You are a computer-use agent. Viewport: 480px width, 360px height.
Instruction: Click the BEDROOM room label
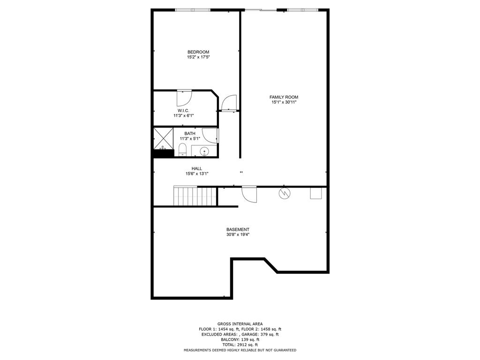(x=198, y=52)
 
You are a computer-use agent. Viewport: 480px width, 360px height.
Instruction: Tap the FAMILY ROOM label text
(x=284, y=97)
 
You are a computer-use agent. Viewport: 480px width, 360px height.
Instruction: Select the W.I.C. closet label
(x=183, y=111)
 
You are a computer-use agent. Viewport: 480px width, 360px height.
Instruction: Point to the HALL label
(x=197, y=168)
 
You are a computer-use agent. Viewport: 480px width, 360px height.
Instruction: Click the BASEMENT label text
(x=238, y=229)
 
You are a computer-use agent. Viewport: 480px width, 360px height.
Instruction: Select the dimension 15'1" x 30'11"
(x=284, y=102)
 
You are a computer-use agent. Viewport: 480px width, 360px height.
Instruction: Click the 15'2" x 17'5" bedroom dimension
(x=198, y=57)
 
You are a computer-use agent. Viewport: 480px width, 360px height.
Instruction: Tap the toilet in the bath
(x=182, y=150)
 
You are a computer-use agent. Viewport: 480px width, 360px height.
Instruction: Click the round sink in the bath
(x=204, y=151)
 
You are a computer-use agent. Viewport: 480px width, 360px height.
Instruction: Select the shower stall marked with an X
(x=163, y=138)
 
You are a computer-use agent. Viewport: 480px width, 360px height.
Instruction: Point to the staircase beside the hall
(x=195, y=196)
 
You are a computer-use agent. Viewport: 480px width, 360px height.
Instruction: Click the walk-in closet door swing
(x=184, y=98)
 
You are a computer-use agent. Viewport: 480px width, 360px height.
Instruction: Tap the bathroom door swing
(x=210, y=135)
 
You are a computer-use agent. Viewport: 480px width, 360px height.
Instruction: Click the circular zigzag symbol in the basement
(x=285, y=194)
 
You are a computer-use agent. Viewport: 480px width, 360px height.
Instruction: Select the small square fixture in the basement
(x=316, y=193)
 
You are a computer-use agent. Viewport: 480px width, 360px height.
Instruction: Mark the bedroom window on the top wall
(x=193, y=10)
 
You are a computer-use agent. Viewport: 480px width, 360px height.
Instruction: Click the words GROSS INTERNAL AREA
(x=240, y=324)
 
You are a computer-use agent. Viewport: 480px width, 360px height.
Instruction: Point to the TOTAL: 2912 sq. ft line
(x=240, y=345)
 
